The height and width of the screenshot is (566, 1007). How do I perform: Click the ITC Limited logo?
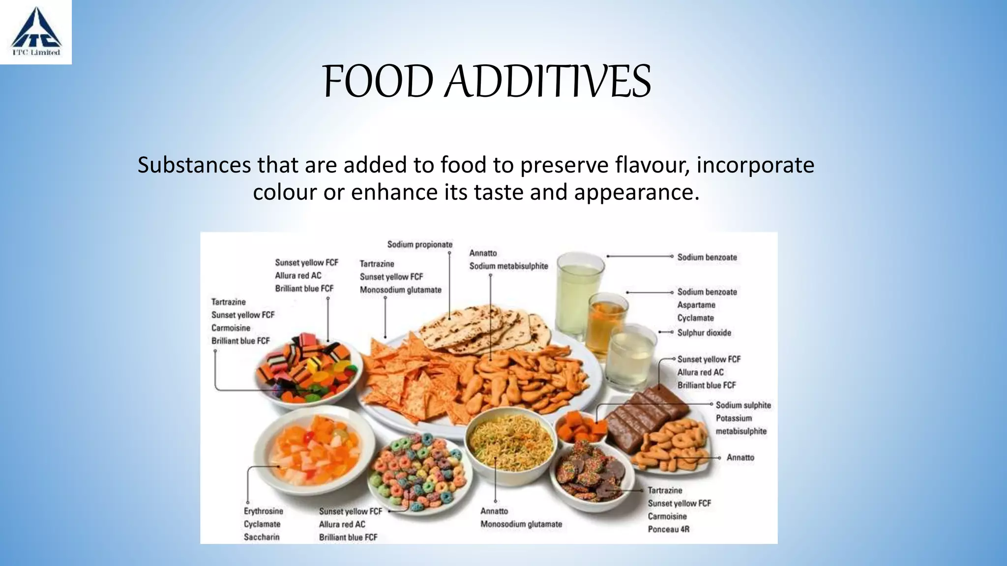pos(36,32)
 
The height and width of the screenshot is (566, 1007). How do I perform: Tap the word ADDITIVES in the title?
pos(548,82)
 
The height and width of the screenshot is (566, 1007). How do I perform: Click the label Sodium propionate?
pos(419,245)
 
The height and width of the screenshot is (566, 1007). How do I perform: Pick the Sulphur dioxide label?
pos(704,333)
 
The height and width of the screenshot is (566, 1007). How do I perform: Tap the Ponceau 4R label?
pos(668,529)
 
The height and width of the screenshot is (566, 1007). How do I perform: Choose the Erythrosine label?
pos(263,511)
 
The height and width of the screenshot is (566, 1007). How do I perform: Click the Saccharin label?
pos(262,537)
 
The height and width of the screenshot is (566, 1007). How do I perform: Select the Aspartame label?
pos(696,305)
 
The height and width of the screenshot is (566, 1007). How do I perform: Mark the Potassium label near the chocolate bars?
pos(734,418)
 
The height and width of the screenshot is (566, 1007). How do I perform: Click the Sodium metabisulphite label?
pos(508,266)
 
